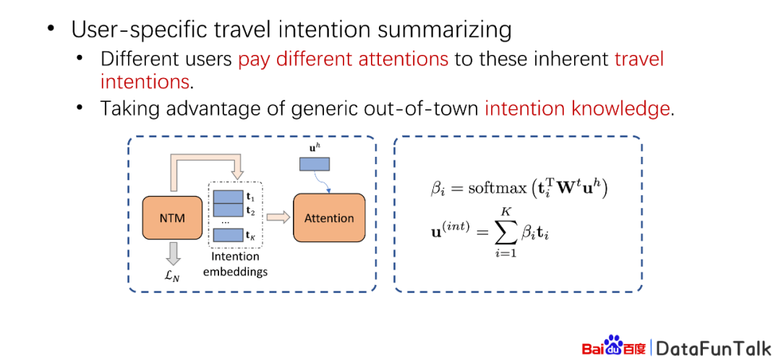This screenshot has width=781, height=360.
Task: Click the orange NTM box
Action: pyautogui.click(x=173, y=218)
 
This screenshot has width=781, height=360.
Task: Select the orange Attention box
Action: pyautogui.click(x=329, y=218)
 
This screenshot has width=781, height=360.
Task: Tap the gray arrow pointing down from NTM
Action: pyautogui.click(x=173, y=254)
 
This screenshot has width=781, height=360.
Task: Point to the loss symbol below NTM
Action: pyautogui.click(x=172, y=275)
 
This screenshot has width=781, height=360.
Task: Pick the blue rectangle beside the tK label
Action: pyautogui.click(x=228, y=236)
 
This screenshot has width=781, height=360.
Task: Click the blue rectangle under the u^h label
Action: pyautogui.click(x=315, y=164)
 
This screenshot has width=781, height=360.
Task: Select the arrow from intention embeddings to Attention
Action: pyautogui.click(x=278, y=217)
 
